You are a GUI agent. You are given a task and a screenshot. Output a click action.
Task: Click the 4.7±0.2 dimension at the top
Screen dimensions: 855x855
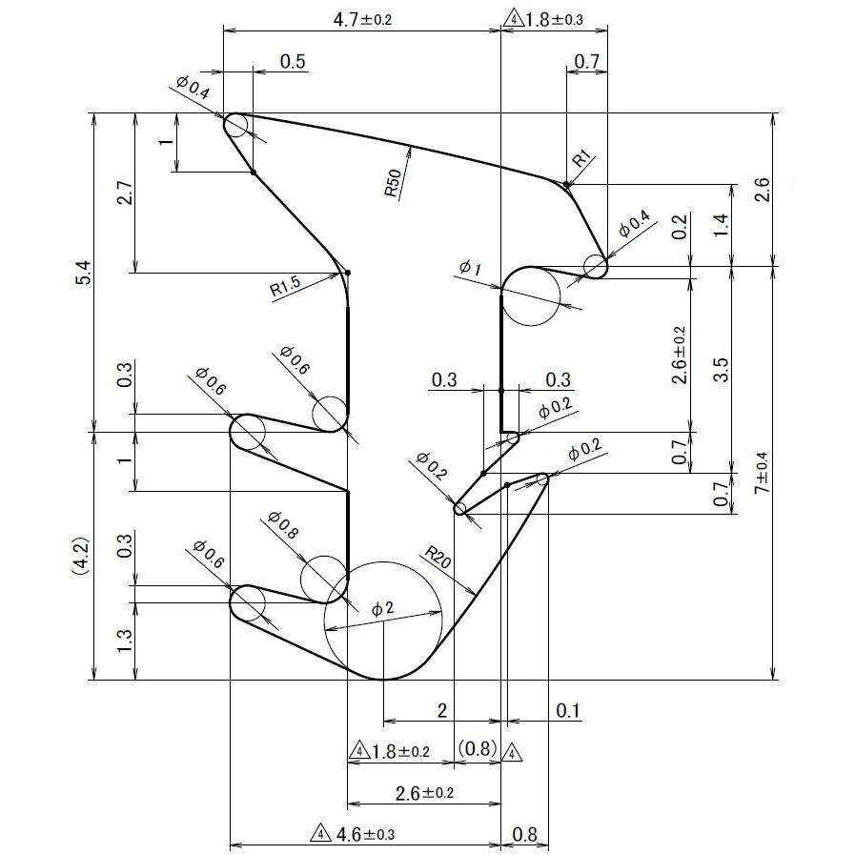361,17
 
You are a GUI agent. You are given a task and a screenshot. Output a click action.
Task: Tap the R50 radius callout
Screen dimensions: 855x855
394,182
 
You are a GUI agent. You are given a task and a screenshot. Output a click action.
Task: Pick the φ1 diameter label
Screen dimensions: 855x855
470,269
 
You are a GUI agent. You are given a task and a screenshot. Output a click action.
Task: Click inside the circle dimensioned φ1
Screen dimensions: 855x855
530,297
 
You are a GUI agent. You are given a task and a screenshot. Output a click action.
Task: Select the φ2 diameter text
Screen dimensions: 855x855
382,608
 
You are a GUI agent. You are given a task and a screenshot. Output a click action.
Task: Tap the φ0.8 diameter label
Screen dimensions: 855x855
283,526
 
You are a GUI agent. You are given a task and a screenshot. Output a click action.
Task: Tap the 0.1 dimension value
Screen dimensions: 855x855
568,711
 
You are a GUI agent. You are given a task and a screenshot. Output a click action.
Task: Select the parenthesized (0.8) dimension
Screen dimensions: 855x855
477,750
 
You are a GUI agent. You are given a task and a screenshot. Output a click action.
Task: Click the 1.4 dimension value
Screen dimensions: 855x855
722,225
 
